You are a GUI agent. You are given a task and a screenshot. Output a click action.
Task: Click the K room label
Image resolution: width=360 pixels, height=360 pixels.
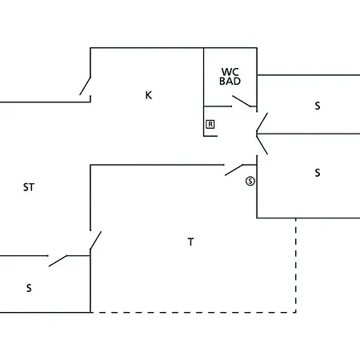click(x=149, y=95)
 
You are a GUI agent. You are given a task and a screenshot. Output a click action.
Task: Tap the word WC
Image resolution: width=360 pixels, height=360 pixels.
click(x=230, y=72)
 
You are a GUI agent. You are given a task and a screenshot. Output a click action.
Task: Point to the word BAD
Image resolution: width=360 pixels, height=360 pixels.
click(x=230, y=81)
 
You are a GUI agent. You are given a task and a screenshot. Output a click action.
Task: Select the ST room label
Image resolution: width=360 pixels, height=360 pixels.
click(x=29, y=187)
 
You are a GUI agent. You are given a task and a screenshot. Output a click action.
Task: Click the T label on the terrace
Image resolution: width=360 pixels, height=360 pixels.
click(x=190, y=242)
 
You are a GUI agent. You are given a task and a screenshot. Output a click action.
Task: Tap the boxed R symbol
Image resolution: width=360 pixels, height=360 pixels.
click(x=210, y=124)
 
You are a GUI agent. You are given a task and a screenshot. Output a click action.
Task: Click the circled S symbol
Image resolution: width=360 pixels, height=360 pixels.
click(x=250, y=182)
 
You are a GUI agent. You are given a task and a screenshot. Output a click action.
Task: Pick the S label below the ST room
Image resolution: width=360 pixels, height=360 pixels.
click(x=29, y=288)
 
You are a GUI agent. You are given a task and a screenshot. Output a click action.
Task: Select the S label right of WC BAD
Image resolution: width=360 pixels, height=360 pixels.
click(x=318, y=106)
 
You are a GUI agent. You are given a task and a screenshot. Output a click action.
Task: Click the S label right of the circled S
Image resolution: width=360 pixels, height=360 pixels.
click(x=318, y=173)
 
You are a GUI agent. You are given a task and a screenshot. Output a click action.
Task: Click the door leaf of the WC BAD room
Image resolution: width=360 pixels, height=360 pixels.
click(x=242, y=102)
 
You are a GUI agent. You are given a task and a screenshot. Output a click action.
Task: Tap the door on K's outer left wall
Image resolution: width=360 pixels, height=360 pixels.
click(x=85, y=86)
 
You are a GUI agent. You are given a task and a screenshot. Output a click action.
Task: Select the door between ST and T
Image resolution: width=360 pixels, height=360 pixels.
click(x=96, y=241)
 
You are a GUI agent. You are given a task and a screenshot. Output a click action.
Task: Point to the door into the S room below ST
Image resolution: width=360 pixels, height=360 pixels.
click(x=58, y=261)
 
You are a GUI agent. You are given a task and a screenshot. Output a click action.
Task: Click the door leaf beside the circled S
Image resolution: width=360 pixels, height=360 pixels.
click(x=234, y=170)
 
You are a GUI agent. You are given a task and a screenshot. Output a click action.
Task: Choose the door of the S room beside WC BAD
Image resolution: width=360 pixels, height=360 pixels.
click(x=262, y=122)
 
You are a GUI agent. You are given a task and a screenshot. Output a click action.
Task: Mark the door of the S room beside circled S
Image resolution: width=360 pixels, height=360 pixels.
click(x=262, y=145)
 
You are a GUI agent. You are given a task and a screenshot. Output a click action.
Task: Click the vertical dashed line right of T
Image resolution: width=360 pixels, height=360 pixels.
click(x=296, y=266)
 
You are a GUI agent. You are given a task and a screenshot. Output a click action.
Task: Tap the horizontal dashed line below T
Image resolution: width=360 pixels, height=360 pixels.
click(x=194, y=312)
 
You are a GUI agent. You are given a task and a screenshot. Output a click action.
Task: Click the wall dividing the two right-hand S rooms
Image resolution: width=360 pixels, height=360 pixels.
click(x=308, y=134)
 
